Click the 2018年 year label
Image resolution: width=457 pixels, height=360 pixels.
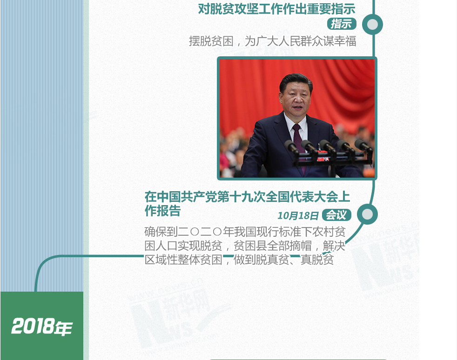[x=42, y=326]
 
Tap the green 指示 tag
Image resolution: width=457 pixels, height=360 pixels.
[x=342, y=24]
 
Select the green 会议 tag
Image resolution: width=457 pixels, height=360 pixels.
[x=336, y=215]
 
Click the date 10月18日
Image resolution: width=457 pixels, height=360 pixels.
[x=298, y=215]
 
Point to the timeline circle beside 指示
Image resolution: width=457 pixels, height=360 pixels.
[x=372, y=25]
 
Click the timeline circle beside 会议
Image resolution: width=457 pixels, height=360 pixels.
[x=367, y=214]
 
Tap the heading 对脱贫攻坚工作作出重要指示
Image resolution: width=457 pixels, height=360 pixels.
[x=276, y=9]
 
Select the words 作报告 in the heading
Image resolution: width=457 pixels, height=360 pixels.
[x=162, y=210]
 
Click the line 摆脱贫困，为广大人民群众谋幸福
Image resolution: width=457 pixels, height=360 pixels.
[x=273, y=41]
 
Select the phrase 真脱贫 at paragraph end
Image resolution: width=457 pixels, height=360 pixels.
[x=317, y=259]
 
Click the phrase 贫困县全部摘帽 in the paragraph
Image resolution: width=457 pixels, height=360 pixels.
[x=273, y=246]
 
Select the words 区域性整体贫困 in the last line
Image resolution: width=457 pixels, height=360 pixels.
[x=183, y=259]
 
